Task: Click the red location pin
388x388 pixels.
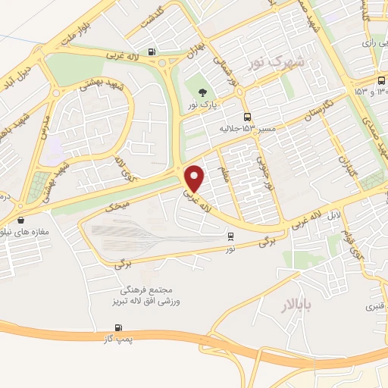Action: (196, 179)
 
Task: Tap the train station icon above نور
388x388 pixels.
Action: (230, 236)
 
